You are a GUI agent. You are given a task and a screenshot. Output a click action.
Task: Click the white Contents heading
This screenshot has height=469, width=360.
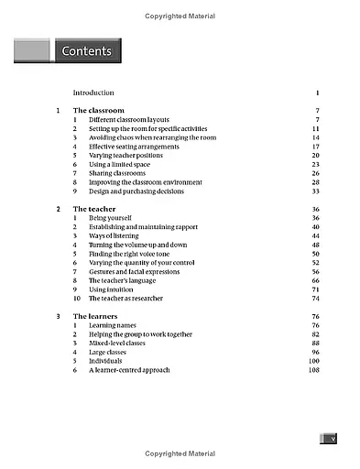(86, 51)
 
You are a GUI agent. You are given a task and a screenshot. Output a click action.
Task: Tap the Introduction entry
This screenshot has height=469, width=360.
(93, 93)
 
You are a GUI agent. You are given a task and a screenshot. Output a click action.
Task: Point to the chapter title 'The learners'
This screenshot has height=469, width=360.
(96, 316)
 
